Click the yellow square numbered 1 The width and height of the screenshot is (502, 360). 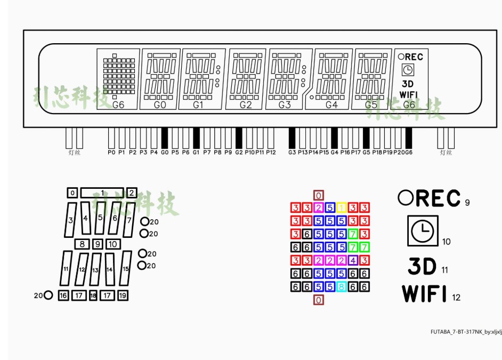[342, 207]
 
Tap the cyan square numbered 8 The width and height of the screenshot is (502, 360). [342, 287]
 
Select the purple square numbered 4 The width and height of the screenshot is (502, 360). [353, 261]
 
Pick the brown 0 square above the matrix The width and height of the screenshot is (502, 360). [318, 195]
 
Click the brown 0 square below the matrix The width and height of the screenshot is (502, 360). [318, 300]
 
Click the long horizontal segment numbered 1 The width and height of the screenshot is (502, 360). [102, 193]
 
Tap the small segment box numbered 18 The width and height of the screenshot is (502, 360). [93, 295]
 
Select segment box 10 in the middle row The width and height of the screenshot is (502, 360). [112, 244]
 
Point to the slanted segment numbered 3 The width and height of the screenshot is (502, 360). [70, 220]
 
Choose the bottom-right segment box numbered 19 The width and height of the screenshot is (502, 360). [123, 295]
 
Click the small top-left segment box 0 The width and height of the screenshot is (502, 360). [72, 193]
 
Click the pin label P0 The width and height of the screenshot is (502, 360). [111, 153]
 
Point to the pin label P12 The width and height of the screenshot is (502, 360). [271, 153]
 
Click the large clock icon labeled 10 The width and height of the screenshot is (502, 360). [423, 230]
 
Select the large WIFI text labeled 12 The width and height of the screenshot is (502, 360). [424, 293]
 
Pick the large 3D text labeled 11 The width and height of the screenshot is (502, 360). [422, 266]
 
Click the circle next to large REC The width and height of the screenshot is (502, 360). [406, 198]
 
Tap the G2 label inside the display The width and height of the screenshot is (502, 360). [246, 105]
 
